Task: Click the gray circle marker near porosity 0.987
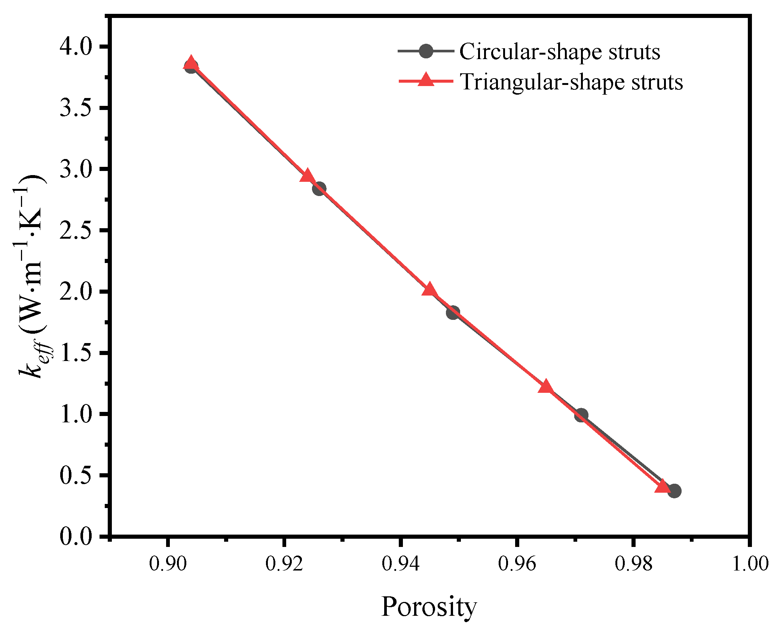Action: [x=674, y=491]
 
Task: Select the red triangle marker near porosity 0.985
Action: [x=663, y=486]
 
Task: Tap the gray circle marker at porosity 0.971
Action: [x=581, y=415]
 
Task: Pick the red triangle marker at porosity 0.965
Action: [x=546, y=386]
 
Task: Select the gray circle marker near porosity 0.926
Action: [x=319, y=189]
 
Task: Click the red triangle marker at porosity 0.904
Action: [x=191, y=63]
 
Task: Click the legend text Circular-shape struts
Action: [x=560, y=52]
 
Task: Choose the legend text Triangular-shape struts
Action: [x=571, y=82]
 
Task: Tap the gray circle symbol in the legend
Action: [x=426, y=51]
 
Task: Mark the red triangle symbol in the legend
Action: [x=426, y=80]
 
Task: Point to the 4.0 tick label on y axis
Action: [x=76, y=47]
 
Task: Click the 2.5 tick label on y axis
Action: [x=76, y=230]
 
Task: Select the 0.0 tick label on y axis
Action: [x=76, y=536]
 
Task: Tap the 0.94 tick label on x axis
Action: [x=400, y=563]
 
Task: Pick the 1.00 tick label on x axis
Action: [x=750, y=563]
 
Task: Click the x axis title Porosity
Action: [x=429, y=606]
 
